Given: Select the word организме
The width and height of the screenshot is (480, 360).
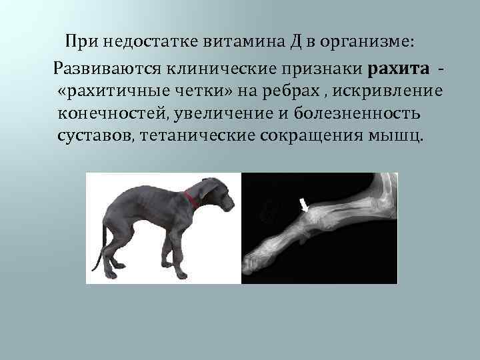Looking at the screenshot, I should click(365, 42).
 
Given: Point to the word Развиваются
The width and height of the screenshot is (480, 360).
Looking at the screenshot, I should click(103, 67).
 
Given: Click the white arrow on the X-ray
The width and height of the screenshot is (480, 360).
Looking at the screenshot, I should click(304, 204).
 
